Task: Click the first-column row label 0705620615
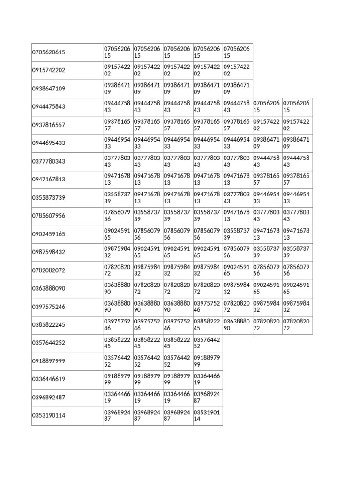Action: (x=49, y=52)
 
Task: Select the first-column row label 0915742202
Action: (x=49, y=70)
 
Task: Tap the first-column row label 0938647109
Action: (x=49, y=89)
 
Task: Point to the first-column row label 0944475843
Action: (x=49, y=107)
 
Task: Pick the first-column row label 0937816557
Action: (x=49, y=125)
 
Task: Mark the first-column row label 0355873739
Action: (x=49, y=198)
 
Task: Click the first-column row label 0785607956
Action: (x=49, y=216)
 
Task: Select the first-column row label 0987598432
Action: (x=49, y=252)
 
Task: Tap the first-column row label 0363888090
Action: (x=49, y=288)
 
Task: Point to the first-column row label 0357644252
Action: (x=49, y=343)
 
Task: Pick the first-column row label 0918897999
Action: (x=49, y=361)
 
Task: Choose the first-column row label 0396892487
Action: (x=49, y=397)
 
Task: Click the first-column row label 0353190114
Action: (x=49, y=416)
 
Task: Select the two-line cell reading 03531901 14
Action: (x=207, y=416)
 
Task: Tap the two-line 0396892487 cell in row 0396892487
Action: (x=207, y=397)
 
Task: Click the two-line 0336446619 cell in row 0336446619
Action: (x=207, y=379)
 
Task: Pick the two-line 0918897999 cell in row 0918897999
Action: (x=207, y=361)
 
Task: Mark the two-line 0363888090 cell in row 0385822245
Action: (x=237, y=325)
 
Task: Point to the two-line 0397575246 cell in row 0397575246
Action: (x=207, y=307)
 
